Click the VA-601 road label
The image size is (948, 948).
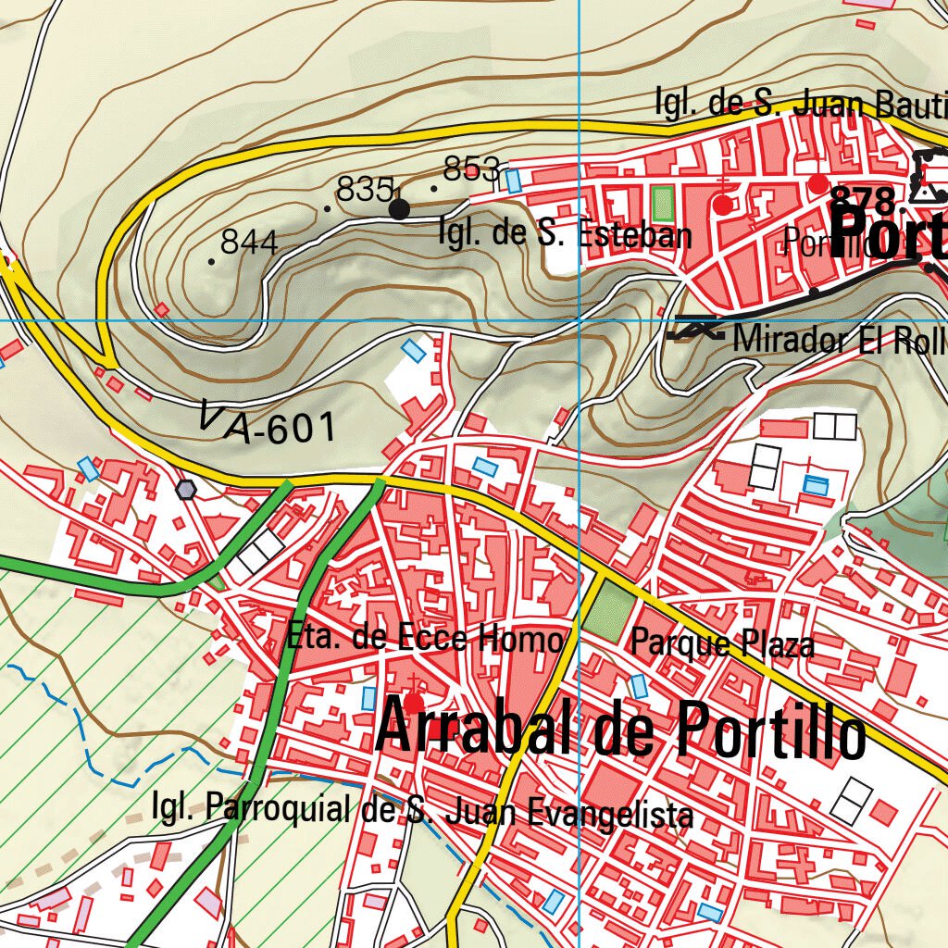(267, 423)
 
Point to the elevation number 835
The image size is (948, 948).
(365, 190)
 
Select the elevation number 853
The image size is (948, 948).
(471, 169)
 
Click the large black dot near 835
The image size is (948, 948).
(399, 209)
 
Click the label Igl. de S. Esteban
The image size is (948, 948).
(564, 233)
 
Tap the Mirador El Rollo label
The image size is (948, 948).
(838, 340)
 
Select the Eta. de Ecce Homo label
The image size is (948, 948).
(425, 638)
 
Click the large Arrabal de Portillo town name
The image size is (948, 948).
(620, 730)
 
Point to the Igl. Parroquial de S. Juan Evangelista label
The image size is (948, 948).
(422, 811)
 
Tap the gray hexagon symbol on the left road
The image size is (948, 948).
(187, 489)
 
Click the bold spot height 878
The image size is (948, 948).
(863, 200)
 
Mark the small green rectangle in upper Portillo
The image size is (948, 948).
(662, 203)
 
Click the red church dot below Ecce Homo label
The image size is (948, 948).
(414, 703)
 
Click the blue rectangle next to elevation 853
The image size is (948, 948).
(513, 181)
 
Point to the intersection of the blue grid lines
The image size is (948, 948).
(579, 320)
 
